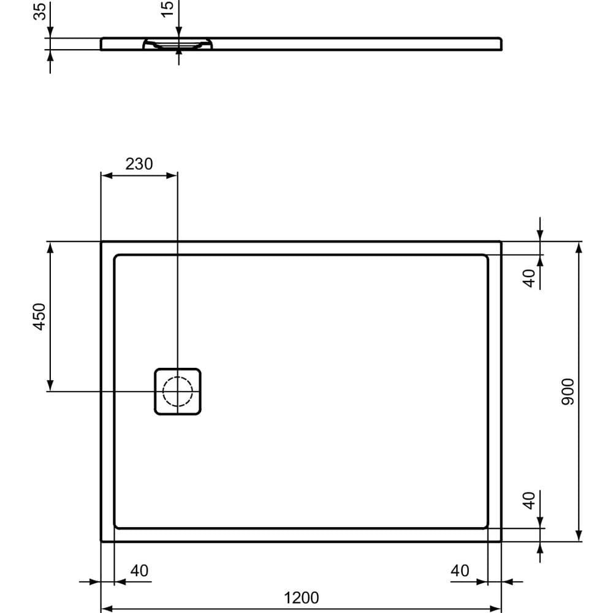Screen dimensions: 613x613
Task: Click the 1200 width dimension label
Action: (301, 597)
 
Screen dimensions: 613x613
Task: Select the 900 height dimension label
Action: (568, 391)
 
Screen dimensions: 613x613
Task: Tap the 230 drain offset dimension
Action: (139, 164)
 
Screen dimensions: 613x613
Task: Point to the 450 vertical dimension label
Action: (39, 316)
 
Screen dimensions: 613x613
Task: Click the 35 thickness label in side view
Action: (40, 12)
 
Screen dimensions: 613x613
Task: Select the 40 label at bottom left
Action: (139, 571)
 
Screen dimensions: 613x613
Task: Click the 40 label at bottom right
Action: (460, 571)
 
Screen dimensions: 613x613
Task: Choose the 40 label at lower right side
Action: (530, 500)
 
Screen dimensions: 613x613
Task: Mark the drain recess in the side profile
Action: (178, 44)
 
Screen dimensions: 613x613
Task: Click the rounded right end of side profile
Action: (501, 44)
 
